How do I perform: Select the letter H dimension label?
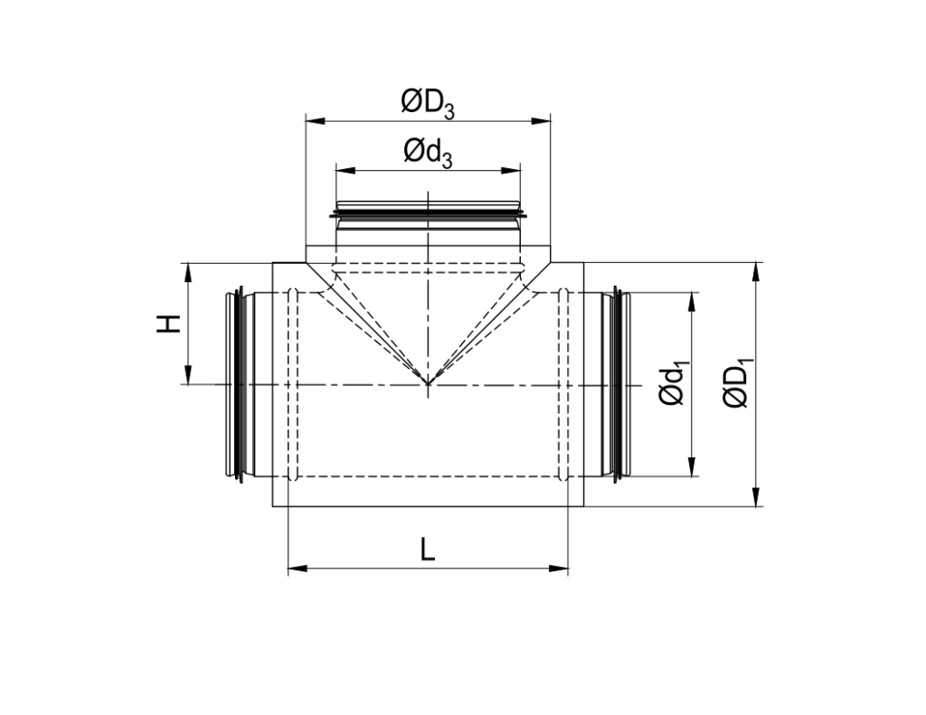[x=169, y=324]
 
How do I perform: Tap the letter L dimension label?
[x=427, y=549]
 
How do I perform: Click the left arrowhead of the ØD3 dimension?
[x=312, y=118]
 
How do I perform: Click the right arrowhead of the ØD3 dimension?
[x=544, y=118]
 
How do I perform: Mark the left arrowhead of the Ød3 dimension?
[x=341, y=168]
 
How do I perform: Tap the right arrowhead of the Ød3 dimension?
[x=515, y=168]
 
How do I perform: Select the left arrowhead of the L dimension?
[x=293, y=569]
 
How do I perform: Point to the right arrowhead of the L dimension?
[x=562, y=569]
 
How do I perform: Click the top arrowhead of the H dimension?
[x=188, y=268]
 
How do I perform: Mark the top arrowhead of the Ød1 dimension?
[x=692, y=298]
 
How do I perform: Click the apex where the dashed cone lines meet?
[x=428, y=384]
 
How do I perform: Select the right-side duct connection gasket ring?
[x=619, y=384]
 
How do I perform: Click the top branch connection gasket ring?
[x=428, y=214]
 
